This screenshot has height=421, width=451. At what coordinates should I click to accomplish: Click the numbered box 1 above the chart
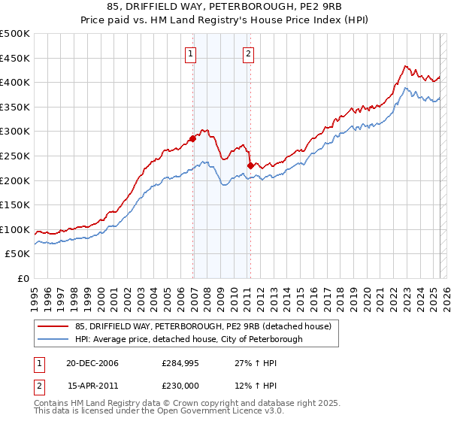191,53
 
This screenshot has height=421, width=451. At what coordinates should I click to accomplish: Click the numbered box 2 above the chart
248,53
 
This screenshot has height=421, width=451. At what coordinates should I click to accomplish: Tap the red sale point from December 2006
193,138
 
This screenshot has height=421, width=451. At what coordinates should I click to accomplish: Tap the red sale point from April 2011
250,165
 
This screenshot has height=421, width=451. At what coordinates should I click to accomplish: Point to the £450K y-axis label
15,58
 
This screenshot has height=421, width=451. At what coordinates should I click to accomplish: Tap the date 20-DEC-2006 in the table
92,363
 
